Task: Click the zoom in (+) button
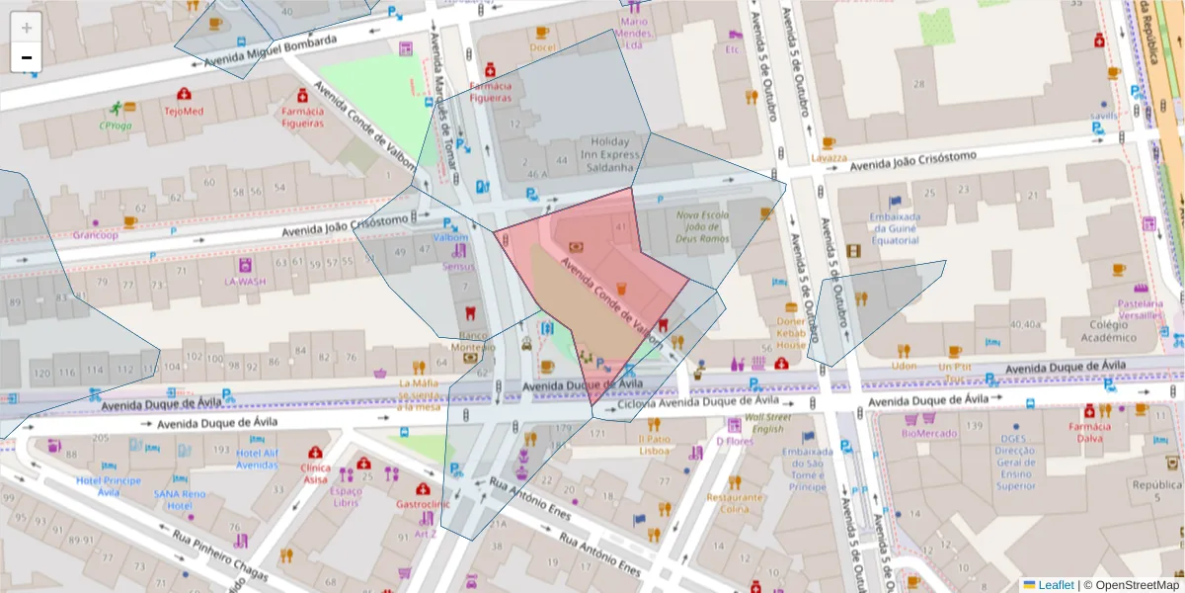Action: pos(27,28)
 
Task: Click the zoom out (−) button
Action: pos(27,57)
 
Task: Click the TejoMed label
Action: pos(184,111)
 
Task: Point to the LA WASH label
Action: pos(244,281)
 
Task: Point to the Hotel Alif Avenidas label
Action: pos(257,459)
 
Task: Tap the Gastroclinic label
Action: pos(423,504)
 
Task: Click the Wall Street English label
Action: pos(768,423)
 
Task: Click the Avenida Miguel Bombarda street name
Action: pos(271,51)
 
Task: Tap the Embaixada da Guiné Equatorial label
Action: pos(896,230)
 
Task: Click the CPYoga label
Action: pos(116,126)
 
